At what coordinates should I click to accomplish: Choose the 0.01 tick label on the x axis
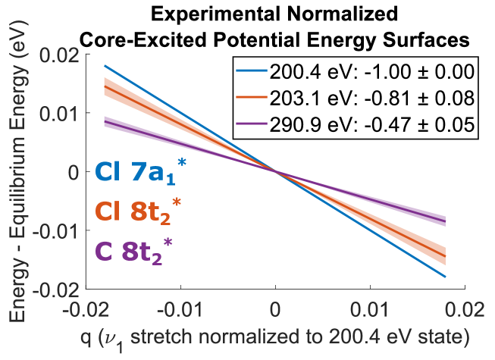pyautogui.click(x=371, y=310)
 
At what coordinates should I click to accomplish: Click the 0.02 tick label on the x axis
pyautogui.click(x=464, y=310)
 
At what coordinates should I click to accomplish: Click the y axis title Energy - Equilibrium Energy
pyautogui.click(x=17, y=173)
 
